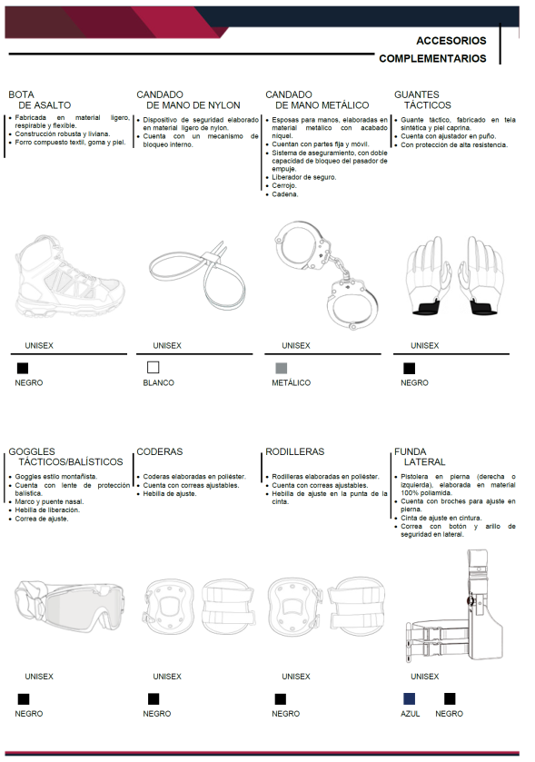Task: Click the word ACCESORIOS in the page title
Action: [451, 41]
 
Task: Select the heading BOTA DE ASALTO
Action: [40, 100]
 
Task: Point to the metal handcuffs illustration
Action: [325, 274]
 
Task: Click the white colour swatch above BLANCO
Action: [154, 368]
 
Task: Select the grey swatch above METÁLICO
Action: [282, 368]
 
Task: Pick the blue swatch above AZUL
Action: [409, 698]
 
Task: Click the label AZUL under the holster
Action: [411, 714]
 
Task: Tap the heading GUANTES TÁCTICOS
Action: [422, 100]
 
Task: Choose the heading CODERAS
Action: [159, 452]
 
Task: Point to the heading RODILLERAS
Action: [294, 452]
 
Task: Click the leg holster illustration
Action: [454, 607]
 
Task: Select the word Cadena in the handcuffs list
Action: [284, 194]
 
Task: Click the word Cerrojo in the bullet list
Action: [283, 185]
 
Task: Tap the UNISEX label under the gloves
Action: [425, 345]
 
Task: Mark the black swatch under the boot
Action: [23, 368]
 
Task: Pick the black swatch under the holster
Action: [450, 698]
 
